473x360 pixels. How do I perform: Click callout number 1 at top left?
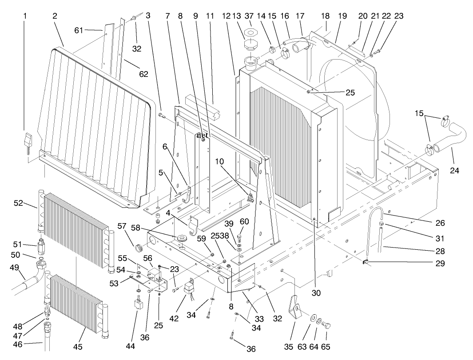[x=25, y=16]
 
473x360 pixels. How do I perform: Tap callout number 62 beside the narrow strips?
[x=143, y=74]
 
